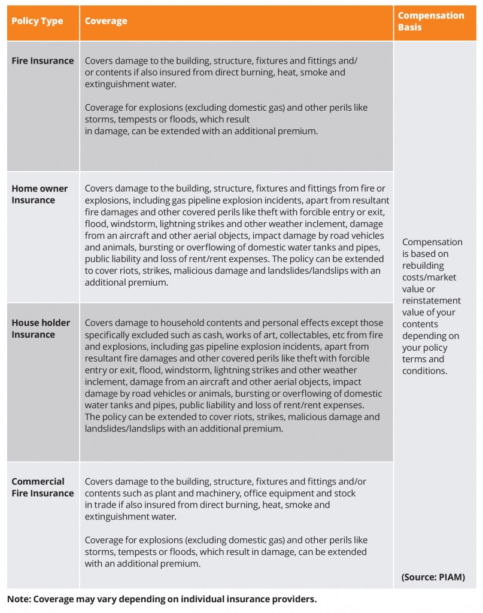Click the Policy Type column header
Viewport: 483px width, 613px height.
37,21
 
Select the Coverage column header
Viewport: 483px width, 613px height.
105,21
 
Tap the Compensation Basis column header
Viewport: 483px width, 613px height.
430,21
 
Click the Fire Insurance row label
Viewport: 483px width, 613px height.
42,60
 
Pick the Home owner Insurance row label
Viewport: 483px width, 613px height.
40,194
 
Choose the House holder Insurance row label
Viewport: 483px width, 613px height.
41,328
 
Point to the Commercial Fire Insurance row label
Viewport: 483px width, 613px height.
42,487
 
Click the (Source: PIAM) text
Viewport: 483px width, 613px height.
433,577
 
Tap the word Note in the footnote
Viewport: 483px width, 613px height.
19,599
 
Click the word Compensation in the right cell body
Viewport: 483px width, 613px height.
432,242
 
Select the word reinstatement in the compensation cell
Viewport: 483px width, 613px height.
432,301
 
